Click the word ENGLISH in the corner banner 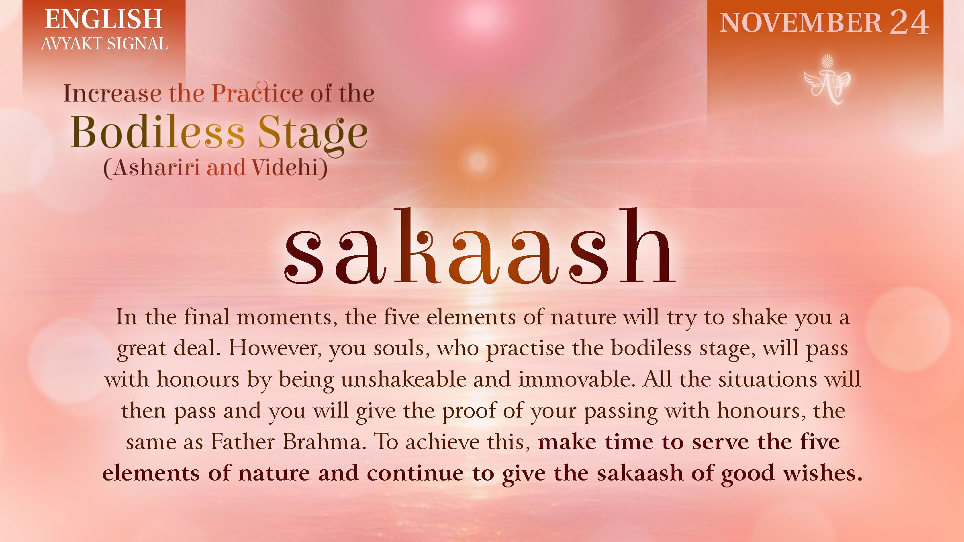[x=103, y=19]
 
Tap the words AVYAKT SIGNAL [x=104, y=44]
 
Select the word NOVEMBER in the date [x=800, y=22]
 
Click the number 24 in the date [x=909, y=22]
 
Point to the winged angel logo [x=827, y=81]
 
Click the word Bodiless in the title [x=157, y=132]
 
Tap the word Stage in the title [x=312, y=133]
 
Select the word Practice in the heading [x=257, y=93]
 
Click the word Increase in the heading [x=112, y=94]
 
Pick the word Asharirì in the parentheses [x=157, y=168]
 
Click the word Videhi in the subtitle [x=285, y=168]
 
